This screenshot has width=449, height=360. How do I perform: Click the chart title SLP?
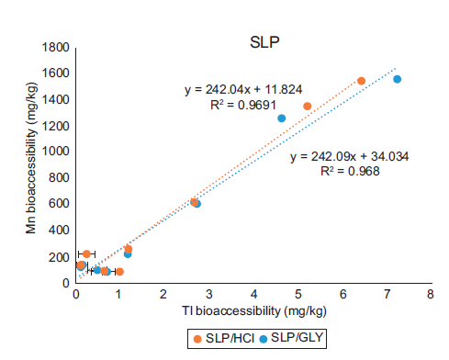point(265,41)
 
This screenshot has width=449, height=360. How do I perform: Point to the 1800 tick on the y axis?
point(59,47)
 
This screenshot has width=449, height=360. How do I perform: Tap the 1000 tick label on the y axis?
point(59,152)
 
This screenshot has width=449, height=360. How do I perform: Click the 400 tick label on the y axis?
point(62,231)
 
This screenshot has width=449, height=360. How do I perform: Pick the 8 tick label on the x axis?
point(430,295)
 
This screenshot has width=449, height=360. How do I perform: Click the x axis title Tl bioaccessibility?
point(252,310)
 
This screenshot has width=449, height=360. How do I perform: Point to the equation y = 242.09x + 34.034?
point(350,157)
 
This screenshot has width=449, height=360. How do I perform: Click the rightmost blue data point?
point(397,79)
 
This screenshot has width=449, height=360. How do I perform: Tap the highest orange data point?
point(361,81)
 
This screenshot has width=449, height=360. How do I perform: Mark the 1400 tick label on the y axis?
point(59,99)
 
